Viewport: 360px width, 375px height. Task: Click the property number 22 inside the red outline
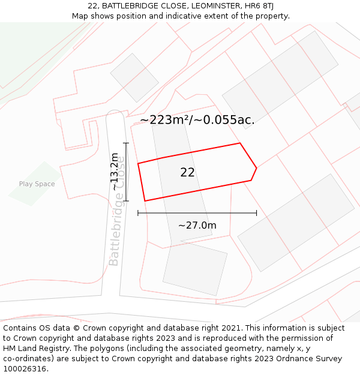point(187,173)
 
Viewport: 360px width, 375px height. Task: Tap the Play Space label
point(37,184)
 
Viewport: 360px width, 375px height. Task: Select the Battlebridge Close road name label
point(117,210)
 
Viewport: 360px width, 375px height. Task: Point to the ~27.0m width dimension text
point(197,226)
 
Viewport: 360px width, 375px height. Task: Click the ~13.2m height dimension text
point(115,172)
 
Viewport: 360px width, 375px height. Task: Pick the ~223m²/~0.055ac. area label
point(197,120)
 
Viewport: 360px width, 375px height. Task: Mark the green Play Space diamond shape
point(35,183)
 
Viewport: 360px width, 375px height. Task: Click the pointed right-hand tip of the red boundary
point(256,168)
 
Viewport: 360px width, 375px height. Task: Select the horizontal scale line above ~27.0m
point(197,212)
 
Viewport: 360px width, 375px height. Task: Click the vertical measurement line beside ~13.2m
point(126,172)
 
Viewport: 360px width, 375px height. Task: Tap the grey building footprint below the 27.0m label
point(194,269)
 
